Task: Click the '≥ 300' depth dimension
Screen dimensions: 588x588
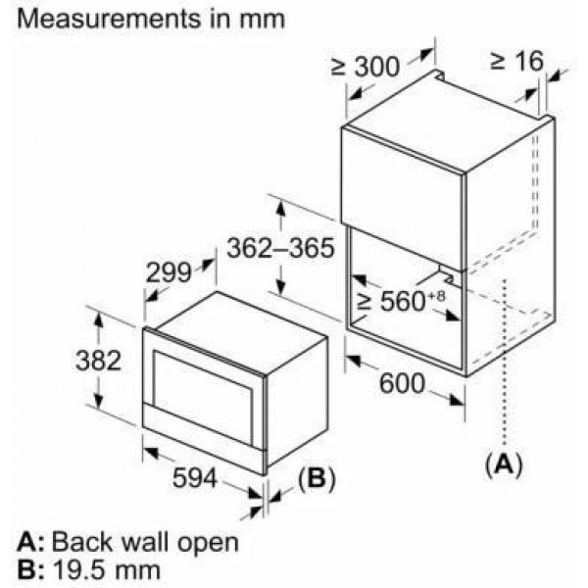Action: pyautogui.click(x=365, y=67)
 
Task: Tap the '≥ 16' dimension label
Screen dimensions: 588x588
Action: pyautogui.click(x=514, y=61)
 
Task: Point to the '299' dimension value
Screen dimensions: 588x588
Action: pyautogui.click(x=169, y=274)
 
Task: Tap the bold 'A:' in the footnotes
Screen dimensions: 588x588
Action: pyautogui.click(x=29, y=541)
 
